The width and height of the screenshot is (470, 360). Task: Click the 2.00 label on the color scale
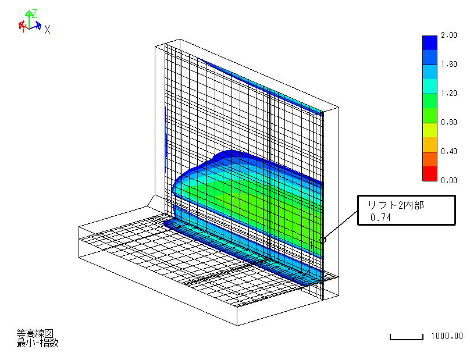448,35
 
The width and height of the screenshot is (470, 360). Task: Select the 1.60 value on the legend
448,64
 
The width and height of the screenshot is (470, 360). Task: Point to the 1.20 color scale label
448,93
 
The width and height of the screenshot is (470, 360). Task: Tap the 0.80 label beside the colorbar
448,122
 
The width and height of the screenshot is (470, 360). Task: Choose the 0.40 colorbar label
448,151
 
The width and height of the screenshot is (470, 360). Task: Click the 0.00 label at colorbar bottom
448,180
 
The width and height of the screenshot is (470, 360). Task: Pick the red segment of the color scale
429,173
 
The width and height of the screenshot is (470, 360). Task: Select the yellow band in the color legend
429,130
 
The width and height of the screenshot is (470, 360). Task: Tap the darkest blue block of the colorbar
429,43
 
